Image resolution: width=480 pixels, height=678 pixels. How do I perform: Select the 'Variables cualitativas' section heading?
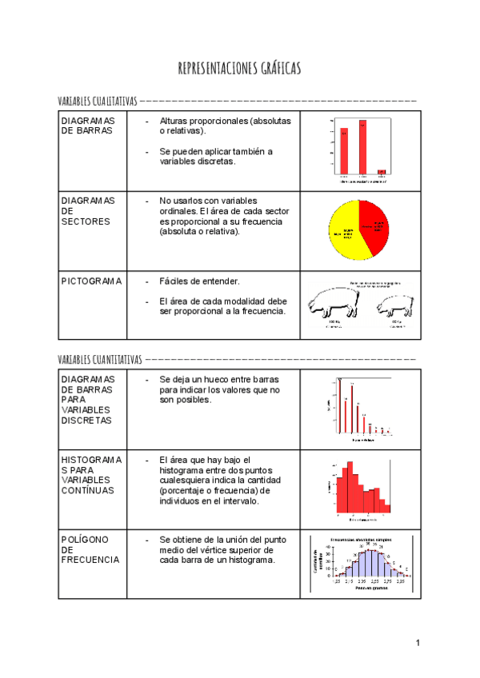[x=98, y=102]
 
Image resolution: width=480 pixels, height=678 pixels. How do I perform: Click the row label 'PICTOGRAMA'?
[x=91, y=281]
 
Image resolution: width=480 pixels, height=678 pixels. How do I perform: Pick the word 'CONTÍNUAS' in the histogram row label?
[x=87, y=490]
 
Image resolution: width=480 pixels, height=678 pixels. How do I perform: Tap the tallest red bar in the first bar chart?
[x=362, y=146]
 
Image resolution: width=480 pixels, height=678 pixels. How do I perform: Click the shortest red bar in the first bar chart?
[x=382, y=171]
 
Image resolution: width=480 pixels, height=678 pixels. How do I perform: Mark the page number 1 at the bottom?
[x=417, y=643]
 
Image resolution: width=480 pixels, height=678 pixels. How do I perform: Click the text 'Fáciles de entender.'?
[x=199, y=281]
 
